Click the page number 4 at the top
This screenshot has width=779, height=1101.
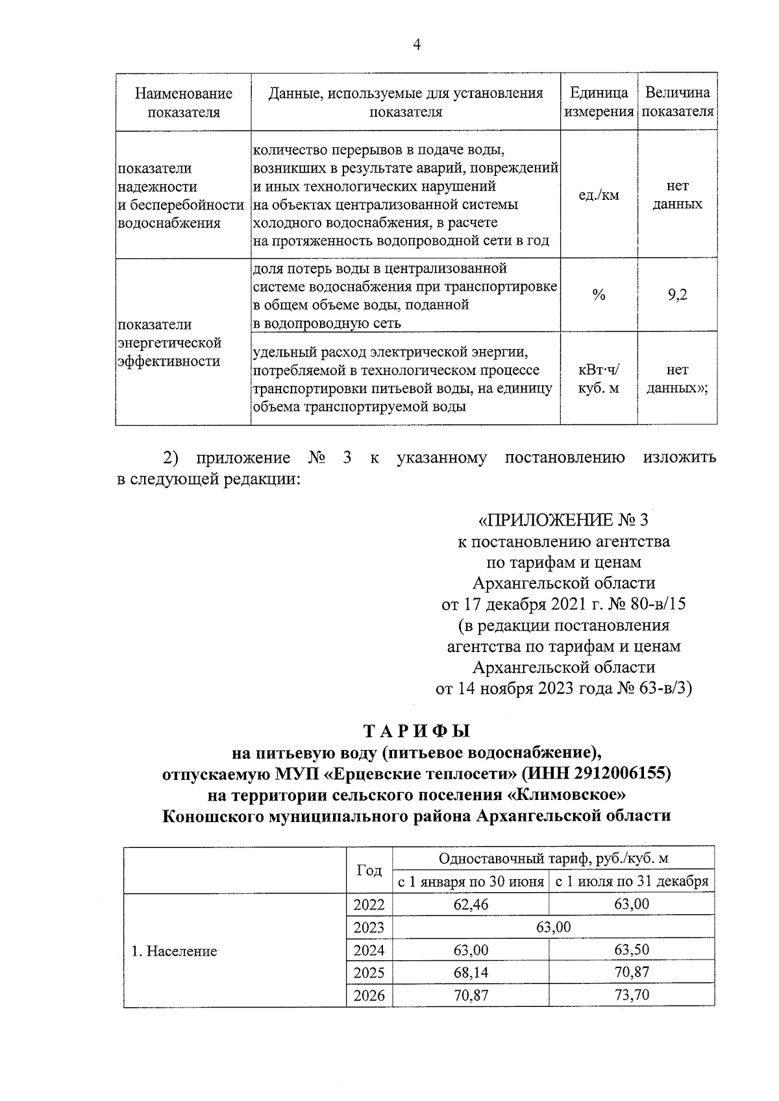point(417,44)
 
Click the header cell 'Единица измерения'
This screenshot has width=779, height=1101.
point(599,102)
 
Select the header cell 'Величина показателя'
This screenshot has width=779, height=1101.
point(677,102)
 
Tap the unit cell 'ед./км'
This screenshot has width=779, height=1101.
point(599,195)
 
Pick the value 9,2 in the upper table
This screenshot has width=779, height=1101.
point(677,295)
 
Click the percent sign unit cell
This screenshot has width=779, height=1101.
point(599,295)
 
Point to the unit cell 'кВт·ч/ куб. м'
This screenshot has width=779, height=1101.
point(599,379)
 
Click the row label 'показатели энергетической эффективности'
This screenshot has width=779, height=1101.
point(169,343)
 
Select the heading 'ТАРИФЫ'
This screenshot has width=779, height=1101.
point(416,731)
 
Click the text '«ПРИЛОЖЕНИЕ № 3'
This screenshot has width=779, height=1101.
point(563,520)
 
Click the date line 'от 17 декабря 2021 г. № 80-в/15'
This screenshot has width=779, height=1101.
point(563,605)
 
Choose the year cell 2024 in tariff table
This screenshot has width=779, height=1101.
point(369,950)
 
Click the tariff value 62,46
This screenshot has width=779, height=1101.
point(471,904)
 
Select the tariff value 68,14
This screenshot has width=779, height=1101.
point(471,973)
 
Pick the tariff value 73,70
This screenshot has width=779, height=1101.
point(631,995)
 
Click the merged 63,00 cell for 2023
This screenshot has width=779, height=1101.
point(552,927)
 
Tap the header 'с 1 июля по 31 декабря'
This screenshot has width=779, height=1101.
point(631,882)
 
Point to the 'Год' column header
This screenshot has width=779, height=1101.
point(369,870)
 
